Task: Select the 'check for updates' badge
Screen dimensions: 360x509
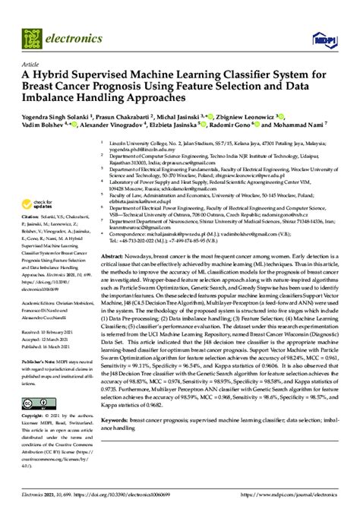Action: tap(39, 204)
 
